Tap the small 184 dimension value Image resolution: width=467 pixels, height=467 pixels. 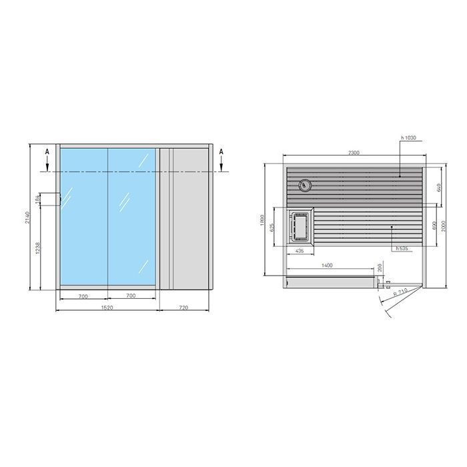pos(37,198)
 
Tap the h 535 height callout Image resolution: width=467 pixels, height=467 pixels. pos(402,248)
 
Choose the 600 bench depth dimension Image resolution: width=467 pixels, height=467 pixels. pos(434,225)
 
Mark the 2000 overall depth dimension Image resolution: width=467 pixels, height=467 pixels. pos(447,227)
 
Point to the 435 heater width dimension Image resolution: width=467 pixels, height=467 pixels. pos(300,252)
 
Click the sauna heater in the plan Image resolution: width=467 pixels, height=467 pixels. pos(301,226)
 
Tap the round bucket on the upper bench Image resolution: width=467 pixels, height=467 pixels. pos(305,185)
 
